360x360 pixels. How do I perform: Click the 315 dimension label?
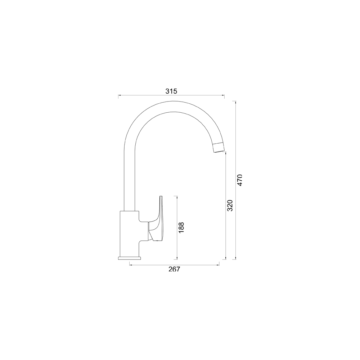(171, 91)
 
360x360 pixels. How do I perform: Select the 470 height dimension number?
(240, 180)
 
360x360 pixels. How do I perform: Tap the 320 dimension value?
(230, 206)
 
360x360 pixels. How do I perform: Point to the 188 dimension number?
(181, 228)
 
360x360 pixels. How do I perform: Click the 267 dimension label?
(174, 269)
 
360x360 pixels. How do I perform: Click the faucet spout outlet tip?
(219, 151)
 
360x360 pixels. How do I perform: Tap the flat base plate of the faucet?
(129, 258)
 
